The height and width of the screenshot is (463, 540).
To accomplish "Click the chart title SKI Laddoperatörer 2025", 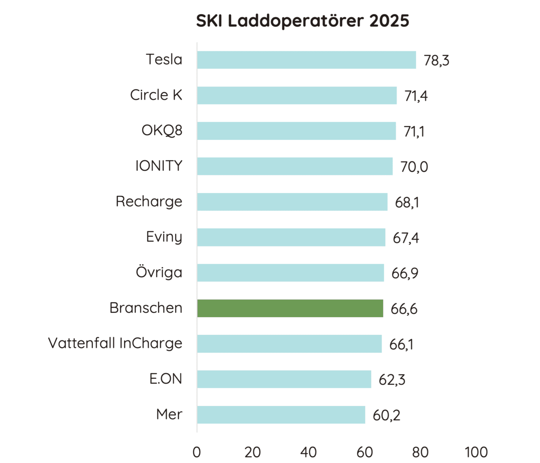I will [302, 21].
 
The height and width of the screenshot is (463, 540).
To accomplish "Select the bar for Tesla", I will [306, 60].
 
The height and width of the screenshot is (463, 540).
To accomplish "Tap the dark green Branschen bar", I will [290, 308].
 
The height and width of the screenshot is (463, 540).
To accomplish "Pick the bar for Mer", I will [281, 415].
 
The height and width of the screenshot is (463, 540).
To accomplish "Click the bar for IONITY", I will [295, 166].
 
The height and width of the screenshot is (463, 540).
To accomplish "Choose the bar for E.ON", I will [284, 379].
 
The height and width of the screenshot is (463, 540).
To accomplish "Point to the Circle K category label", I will [156, 95].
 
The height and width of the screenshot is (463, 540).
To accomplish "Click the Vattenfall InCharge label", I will [115, 343].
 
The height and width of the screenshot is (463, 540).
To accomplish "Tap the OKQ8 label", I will [162, 130].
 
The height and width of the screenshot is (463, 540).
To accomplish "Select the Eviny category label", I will [164, 237].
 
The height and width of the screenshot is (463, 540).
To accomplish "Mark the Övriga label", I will [159, 272].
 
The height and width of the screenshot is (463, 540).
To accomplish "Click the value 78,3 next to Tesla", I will [436, 60].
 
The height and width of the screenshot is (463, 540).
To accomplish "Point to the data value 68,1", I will [407, 202].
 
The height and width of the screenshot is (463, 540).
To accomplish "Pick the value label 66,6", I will [404, 309].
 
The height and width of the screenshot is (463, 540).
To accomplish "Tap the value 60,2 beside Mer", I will [386, 415].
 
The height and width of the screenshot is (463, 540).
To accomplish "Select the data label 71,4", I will [416, 96].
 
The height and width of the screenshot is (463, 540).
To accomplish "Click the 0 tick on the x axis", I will [197, 452].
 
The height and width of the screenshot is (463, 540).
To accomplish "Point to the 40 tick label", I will [308, 452].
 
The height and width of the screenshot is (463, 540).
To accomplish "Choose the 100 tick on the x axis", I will [476, 452].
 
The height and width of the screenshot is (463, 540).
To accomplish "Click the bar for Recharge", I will [292, 202].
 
